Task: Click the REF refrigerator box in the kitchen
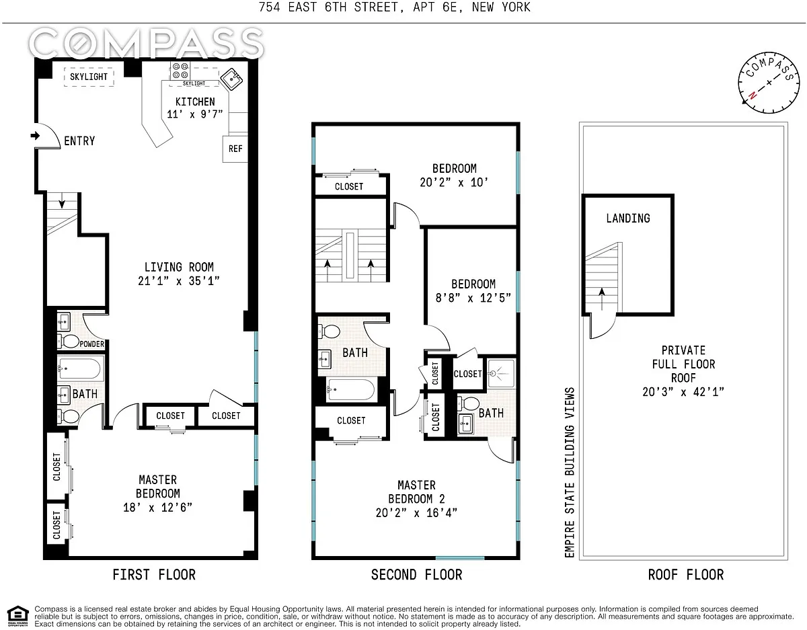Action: point(235,149)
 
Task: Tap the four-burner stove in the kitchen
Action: point(180,71)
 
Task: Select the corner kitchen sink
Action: point(231,79)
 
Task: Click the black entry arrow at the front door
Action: point(35,136)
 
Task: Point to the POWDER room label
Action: point(91,344)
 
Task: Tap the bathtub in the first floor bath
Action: point(79,368)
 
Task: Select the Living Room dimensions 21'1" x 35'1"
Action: point(179,281)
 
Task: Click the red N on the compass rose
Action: point(753,95)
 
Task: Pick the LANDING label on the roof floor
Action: point(628,219)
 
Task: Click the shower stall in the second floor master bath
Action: point(501,373)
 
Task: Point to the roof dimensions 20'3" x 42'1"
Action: point(683,392)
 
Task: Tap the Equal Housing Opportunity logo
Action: point(17,616)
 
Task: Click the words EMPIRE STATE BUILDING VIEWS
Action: point(570,473)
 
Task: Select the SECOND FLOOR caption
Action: point(416,575)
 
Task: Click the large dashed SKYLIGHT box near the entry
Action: point(89,77)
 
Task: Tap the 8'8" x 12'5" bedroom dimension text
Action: point(473,298)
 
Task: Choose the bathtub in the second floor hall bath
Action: point(350,389)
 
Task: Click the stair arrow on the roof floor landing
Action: point(602,299)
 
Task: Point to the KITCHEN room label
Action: point(195,102)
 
